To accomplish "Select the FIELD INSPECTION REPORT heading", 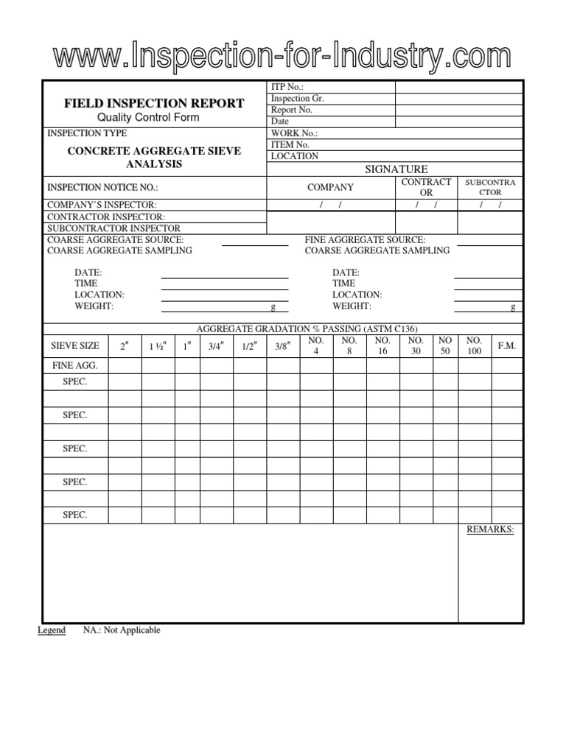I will pyautogui.click(x=153, y=103).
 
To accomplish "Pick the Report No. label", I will pyautogui.click(x=292, y=110).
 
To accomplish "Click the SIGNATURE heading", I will pyautogui.click(x=396, y=169).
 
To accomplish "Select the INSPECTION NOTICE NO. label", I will pyautogui.click(x=102, y=187).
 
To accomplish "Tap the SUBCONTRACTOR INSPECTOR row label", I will pyautogui.click(x=113, y=228).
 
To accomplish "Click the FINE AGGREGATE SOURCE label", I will pyautogui.click(x=364, y=240).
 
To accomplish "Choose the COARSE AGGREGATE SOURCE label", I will pyautogui.click(x=116, y=240).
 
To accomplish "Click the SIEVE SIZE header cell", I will pyautogui.click(x=74, y=346).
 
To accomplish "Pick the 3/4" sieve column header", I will pyautogui.click(x=214, y=346).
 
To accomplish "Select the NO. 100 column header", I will pyautogui.click(x=474, y=346).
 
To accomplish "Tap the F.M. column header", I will pyautogui.click(x=507, y=346).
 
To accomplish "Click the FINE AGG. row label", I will pyautogui.click(x=74, y=365).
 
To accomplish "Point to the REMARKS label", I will pyautogui.click(x=490, y=530).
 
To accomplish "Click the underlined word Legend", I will pyautogui.click(x=52, y=630).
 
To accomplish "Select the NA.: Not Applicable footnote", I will pyautogui.click(x=122, y=630).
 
